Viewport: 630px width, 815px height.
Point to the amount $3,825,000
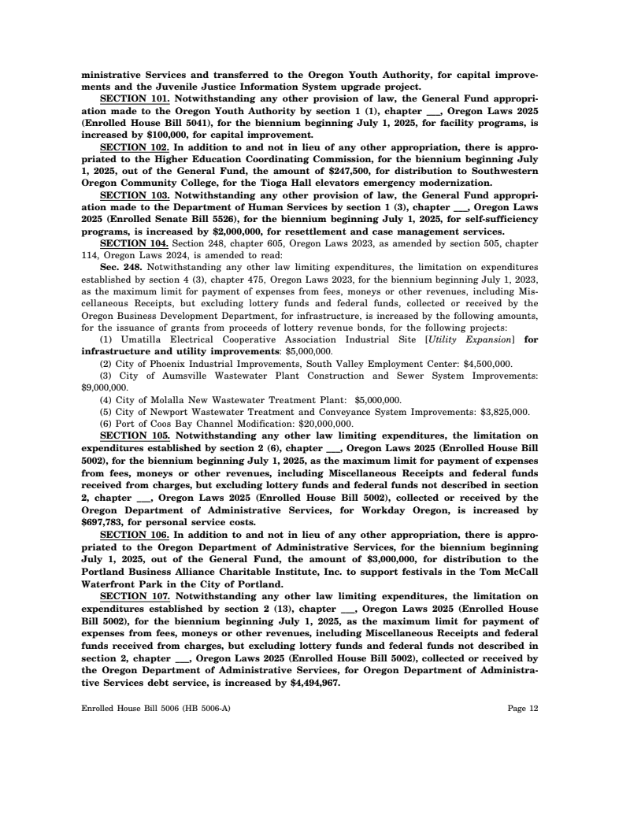(502, 411)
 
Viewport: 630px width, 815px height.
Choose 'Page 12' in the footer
(523, 709)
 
